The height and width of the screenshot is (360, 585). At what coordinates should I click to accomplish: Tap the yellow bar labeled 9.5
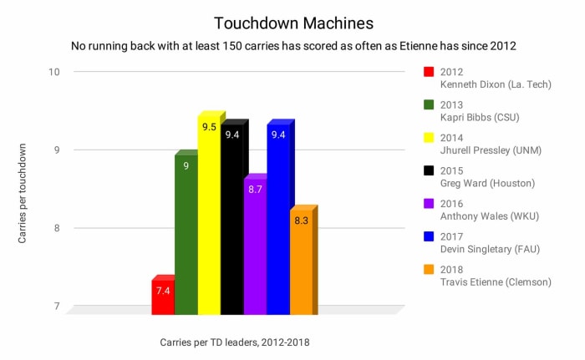209,217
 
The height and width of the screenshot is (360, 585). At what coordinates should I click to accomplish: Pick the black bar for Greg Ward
232,221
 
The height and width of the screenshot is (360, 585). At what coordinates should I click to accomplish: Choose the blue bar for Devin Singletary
278,221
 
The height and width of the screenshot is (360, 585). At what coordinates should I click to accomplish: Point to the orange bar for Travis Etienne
301,263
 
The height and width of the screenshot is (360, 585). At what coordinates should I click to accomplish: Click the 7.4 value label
162,291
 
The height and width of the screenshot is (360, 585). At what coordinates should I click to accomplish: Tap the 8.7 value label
255,190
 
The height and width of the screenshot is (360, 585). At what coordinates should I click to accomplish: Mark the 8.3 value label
301,221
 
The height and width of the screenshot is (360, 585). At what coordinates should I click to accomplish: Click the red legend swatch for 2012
430,72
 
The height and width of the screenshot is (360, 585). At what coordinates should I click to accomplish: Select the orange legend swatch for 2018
430,269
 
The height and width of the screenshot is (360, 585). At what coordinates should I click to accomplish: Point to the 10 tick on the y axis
54,72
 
